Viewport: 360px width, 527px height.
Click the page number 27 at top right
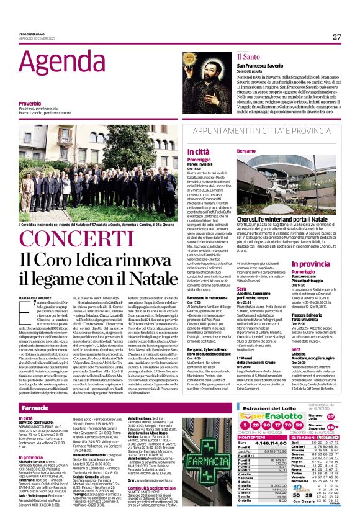tap(336, 37)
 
